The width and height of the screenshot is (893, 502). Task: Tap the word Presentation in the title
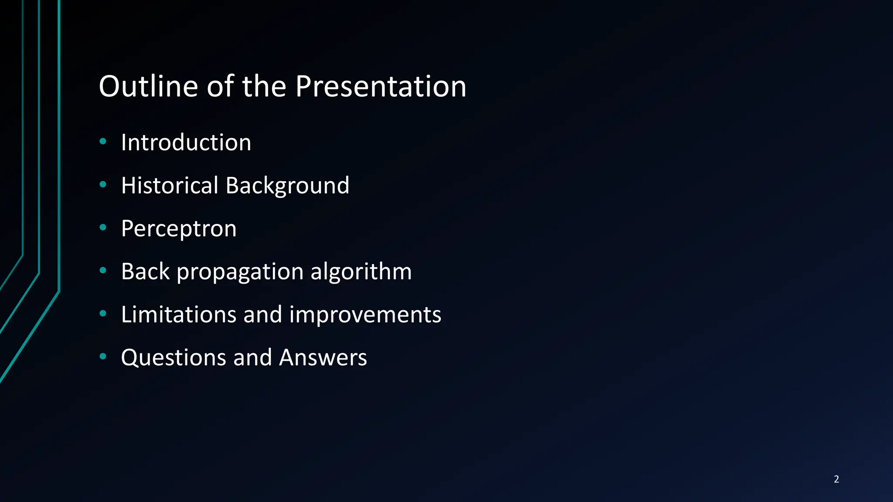(380, 86)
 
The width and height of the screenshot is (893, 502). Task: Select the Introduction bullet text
(186, 142)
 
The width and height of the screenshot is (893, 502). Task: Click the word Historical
(169, 185)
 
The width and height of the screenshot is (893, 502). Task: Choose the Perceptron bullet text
(179, 229)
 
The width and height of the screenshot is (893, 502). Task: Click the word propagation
(240, 272)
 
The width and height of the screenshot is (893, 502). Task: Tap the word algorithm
(361, 271)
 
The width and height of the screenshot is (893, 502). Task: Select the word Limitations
(179, 314)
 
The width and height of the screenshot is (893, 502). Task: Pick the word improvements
(365, 315)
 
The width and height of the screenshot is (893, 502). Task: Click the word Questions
(174, 358)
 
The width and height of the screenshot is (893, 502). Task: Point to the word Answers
(323, 358)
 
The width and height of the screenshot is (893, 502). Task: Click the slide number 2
(836, 479)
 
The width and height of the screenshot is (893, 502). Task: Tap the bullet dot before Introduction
(103, 141)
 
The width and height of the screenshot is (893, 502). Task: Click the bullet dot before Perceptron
(103, 227)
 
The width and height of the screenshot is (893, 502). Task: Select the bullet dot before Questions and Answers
(103, 356)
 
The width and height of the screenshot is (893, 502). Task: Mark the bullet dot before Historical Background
(103, 184)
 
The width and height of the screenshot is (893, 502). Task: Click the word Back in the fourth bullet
(145, 271)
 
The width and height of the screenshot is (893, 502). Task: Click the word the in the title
(264, 86)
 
